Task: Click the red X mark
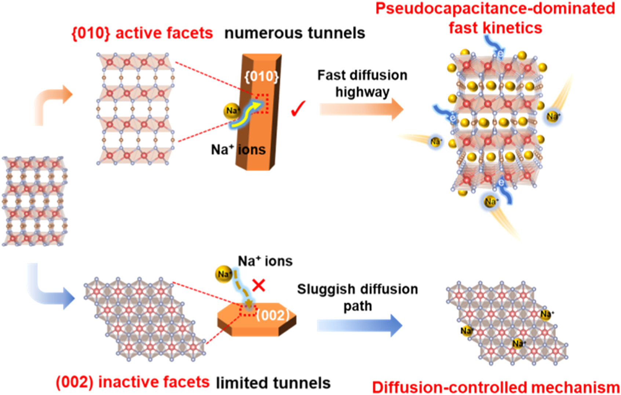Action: click(259, 285)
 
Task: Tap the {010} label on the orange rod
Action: click(262, 76)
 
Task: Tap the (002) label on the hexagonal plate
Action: click(273, 315)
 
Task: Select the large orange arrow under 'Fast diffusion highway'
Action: click(361, 109)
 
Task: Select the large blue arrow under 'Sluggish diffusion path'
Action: click(359, 325)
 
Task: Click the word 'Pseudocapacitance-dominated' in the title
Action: click(495, 8)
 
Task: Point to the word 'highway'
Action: click(362, 92)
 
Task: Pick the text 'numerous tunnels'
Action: click(295, 33)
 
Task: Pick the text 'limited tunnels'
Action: click(273, 383)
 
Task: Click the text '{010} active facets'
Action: click(142, 33)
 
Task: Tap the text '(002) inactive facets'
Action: click(132, 382)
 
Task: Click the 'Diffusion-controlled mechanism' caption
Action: click(496, 387)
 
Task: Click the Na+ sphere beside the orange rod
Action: click(231, 111)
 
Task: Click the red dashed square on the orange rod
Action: click(262, 103)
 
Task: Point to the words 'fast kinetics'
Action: click(495, 28)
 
